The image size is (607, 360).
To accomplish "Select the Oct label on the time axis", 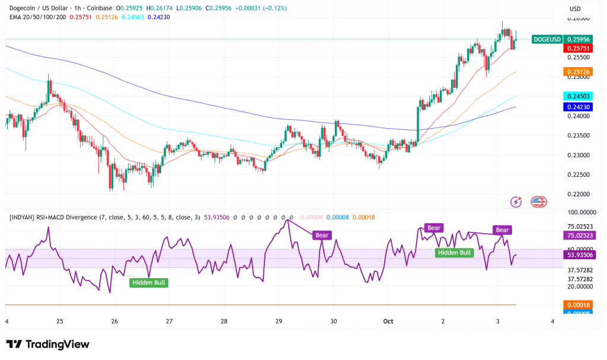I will point(388,321).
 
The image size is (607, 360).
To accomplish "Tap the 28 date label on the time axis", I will point(224,321).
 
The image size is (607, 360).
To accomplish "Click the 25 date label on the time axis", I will point(60,321).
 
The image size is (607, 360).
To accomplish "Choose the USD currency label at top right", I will point(575,9).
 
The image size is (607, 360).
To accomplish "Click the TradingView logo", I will point(47,345).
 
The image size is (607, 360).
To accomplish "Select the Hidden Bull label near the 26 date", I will point(148,283).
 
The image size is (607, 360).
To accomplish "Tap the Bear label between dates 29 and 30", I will point(322,235).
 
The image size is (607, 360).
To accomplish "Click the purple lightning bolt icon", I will point(516,202).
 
